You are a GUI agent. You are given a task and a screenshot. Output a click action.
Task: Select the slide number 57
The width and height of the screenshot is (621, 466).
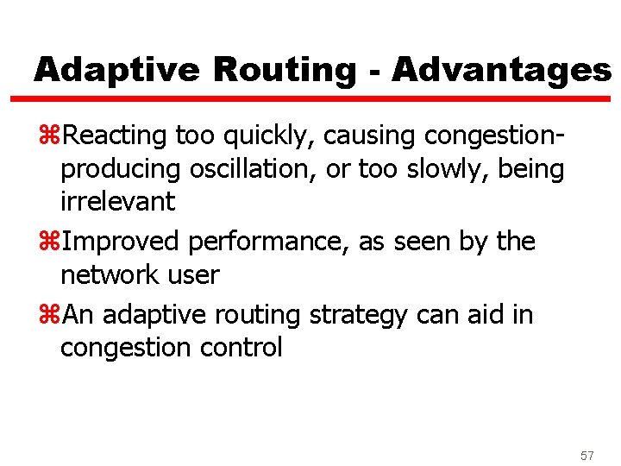[587, 455]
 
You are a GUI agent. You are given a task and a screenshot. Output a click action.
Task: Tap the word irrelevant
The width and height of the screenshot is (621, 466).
[117, 202]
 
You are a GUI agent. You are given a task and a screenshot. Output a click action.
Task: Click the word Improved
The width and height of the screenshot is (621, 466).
[122, 242]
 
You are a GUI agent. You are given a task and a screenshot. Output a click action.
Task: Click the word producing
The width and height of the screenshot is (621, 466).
[120, 170]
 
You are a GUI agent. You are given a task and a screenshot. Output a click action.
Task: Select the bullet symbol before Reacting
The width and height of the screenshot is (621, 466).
[53, 135]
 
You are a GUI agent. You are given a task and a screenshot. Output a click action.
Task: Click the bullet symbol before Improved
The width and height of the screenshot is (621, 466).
[53, 242]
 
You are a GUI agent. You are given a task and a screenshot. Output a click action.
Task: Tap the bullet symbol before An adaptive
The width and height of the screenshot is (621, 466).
[53, 315]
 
